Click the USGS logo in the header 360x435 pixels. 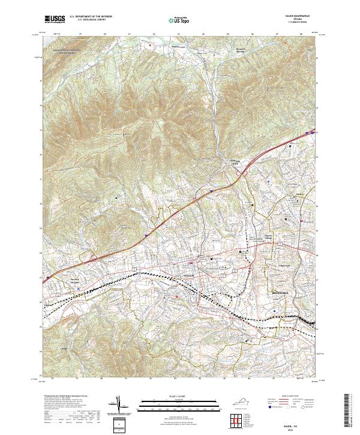click(55, 20)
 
